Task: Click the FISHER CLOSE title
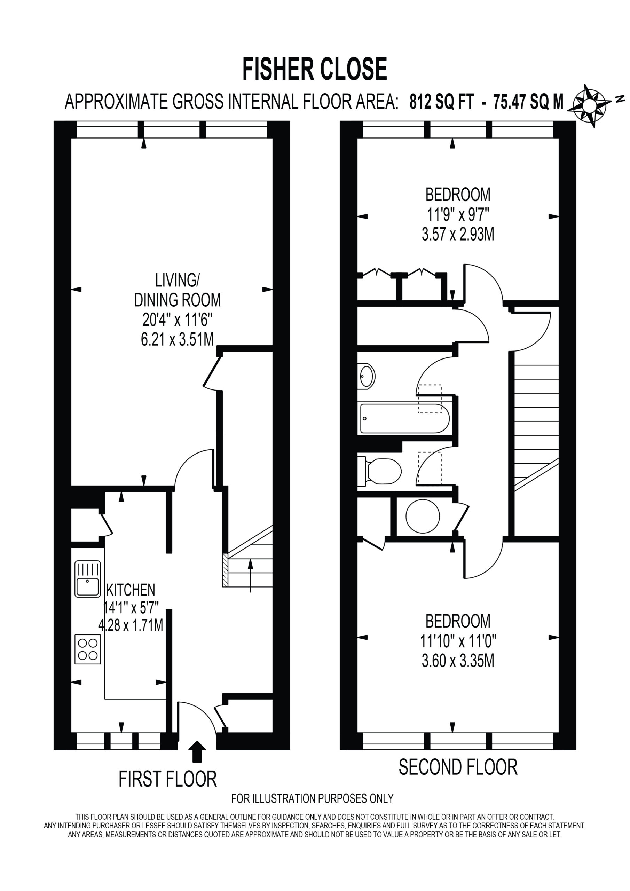click(315, 69)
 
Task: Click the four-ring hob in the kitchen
click(88, 649)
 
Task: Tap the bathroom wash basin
click(366, 376)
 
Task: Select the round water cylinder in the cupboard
click(423, 516)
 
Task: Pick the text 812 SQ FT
click(442, 102)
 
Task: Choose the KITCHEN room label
click(131, 590)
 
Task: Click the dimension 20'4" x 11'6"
click(178, 320)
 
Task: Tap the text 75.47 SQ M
click(528, 102)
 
